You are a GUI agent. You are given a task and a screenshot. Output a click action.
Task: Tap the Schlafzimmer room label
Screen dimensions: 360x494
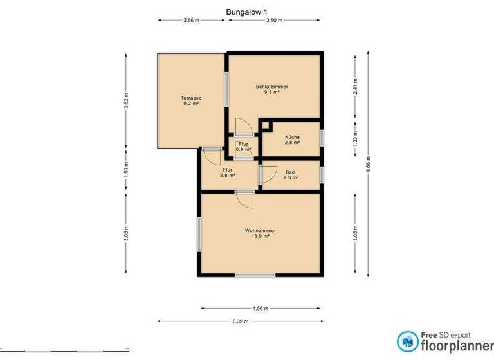tap(271, 89)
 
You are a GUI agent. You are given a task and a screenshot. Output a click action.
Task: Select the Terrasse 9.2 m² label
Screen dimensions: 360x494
tap(190, 100)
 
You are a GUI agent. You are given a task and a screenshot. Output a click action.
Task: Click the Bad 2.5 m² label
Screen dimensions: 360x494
tap(291, 175)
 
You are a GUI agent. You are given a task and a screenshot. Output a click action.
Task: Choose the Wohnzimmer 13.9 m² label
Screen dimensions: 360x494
tap(260, 233)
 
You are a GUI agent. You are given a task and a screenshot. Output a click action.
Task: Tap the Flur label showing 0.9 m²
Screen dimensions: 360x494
tap(243, 147)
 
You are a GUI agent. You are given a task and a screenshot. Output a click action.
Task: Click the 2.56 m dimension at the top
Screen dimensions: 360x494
tap(191, 21)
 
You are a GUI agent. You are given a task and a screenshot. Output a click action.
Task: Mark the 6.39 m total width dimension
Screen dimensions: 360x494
tap(241, 321)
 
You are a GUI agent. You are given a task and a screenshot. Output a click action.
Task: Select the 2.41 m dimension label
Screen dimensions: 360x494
tap(354, 86)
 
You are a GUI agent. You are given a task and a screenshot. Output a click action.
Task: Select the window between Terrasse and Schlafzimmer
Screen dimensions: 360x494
tap(226, 91)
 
